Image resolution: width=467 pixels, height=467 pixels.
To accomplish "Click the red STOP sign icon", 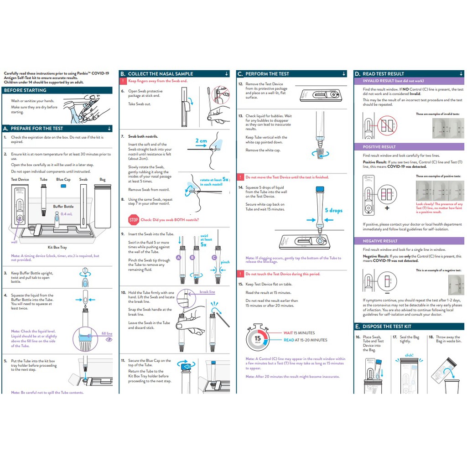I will (x=134, y=220).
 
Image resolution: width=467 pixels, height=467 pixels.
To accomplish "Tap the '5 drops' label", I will (x=333, y=210).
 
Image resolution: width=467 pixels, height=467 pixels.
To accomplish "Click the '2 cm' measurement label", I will (x=201, y=141).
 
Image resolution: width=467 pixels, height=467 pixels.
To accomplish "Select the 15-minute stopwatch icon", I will (x=259, y=338).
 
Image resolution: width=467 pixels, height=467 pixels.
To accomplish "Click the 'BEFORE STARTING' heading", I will (x=25, y=90).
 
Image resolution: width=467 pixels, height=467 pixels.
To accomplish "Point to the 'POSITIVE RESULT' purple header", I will (x=379, y=147).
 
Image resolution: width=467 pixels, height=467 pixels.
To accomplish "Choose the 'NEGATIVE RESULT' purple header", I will (x=380, y=241).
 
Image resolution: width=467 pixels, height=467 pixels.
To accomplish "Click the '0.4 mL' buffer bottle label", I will (x=67, y=213).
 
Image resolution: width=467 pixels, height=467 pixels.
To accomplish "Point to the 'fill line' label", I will (x=107, y=333).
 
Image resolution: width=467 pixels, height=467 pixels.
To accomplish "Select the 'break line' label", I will (x=207, y=292).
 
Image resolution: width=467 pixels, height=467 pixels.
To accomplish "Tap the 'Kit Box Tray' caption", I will (x=57, y=247).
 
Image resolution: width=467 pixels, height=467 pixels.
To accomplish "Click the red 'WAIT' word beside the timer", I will (x=288, y=333).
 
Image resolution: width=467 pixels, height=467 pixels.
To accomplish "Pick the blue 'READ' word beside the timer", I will (x=289, y=340).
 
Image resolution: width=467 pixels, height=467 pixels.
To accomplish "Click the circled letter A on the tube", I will (x=179, y=258).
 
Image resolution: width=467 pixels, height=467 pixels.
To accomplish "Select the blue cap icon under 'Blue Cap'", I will (x=63, y=186).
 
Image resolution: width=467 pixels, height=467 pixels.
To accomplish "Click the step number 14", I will (x=240, y=187).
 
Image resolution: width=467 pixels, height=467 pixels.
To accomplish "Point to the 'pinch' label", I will (x=225, y=262).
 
